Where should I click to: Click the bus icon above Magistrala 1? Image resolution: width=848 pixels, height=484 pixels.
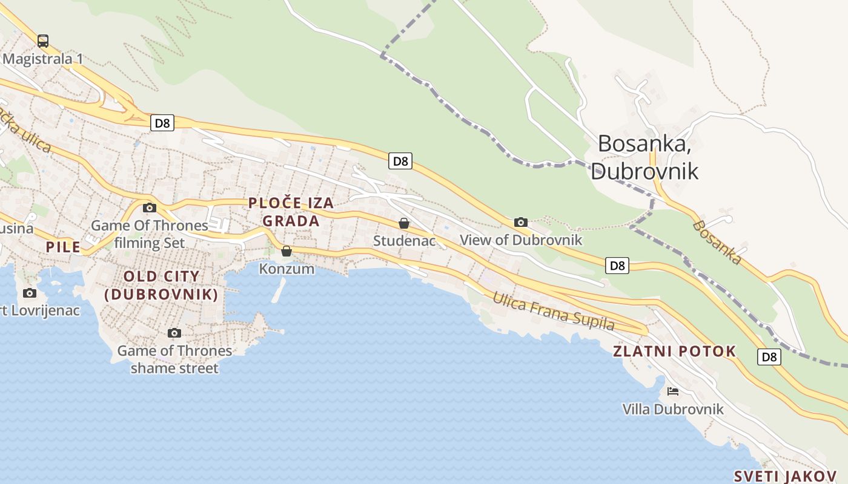(x=42, y=41)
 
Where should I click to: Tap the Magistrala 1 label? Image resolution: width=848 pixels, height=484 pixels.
(x=42, y=59)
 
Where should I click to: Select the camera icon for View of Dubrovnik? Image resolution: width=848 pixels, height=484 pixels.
(x=520, y=222)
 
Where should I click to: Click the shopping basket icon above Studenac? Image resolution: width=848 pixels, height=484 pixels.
(x=404, y=223)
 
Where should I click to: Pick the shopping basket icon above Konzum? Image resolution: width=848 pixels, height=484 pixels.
(x=287, y=250)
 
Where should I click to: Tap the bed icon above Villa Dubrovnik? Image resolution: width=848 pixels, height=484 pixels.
(x=672, y=391)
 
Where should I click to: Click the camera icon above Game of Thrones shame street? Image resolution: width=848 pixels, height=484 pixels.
(x=174, y=333)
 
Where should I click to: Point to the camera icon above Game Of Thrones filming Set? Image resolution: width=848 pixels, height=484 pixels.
(x=149, y=208)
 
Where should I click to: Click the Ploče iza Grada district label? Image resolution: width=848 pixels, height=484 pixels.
(x=291, y=212)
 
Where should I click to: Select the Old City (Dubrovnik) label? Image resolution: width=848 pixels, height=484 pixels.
(x=161, y=286)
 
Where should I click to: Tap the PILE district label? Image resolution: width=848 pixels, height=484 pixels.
(x=63, y=247)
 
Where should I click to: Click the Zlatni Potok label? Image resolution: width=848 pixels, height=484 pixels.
(x=674, y=352)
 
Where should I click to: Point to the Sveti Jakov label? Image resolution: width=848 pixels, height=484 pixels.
(x=785, y=476)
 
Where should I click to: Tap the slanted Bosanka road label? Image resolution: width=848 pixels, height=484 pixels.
(x=717, y=242)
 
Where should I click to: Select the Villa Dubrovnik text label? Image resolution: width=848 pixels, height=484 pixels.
(x=672, y=410)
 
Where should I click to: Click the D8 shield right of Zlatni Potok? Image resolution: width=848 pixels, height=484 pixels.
(x=769, y=357)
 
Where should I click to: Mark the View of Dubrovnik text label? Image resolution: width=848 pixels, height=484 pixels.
(x=520, y=240)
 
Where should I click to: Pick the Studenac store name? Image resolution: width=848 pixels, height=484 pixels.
(x=404, y=241)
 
